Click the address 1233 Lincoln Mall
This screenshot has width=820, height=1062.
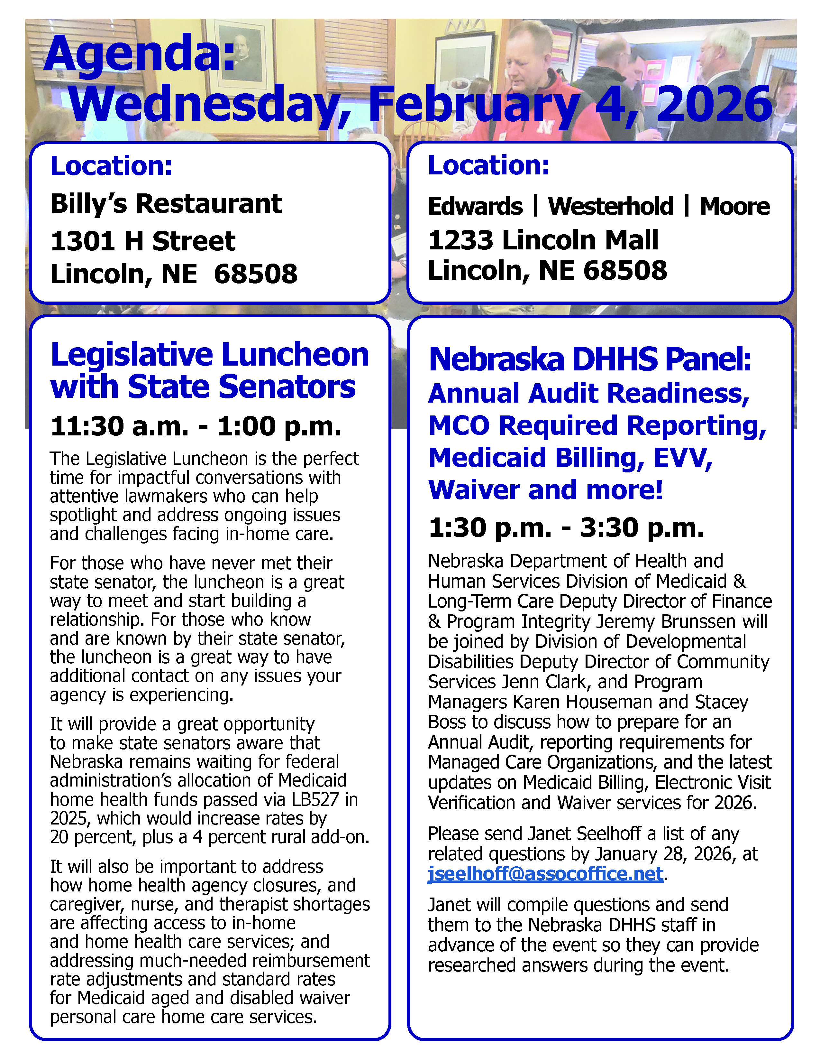543,240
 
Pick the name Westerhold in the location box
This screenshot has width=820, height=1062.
611,206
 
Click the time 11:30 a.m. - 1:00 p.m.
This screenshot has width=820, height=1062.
196,426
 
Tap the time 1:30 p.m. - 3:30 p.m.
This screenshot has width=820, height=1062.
566,527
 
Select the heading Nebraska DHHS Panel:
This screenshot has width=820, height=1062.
590,359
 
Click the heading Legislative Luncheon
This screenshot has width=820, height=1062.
209,355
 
